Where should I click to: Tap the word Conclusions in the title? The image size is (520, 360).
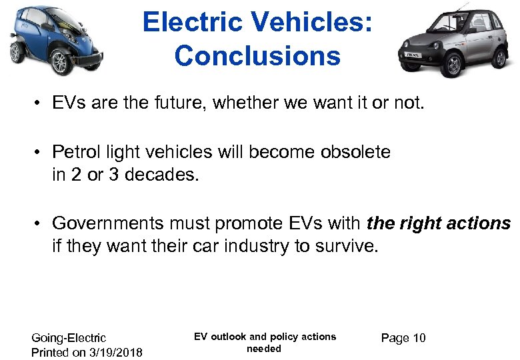coord(257,56)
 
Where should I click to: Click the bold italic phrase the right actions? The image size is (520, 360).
coord(439,223)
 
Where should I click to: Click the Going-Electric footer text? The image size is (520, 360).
coord(69,338)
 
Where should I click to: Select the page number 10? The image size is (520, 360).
coord(419,338)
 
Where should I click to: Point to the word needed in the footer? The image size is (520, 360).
coord(264,349)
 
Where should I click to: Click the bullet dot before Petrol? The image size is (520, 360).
coord(40,153)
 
